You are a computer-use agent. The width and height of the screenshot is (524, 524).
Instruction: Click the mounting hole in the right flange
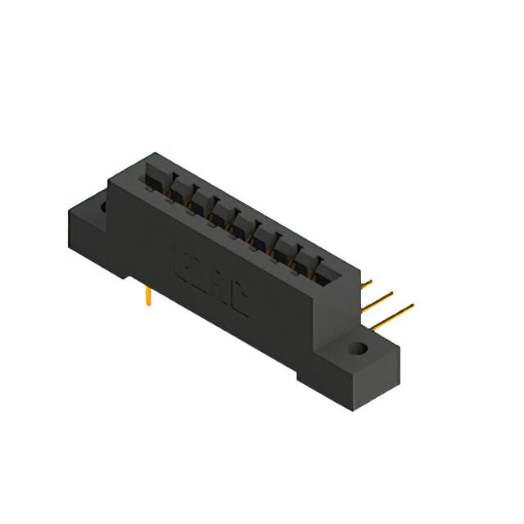click(x=357, y=350)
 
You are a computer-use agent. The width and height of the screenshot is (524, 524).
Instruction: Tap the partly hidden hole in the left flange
click(x=103, y=207)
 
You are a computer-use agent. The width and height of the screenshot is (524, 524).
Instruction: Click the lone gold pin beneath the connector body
click(x=147, y=296)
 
